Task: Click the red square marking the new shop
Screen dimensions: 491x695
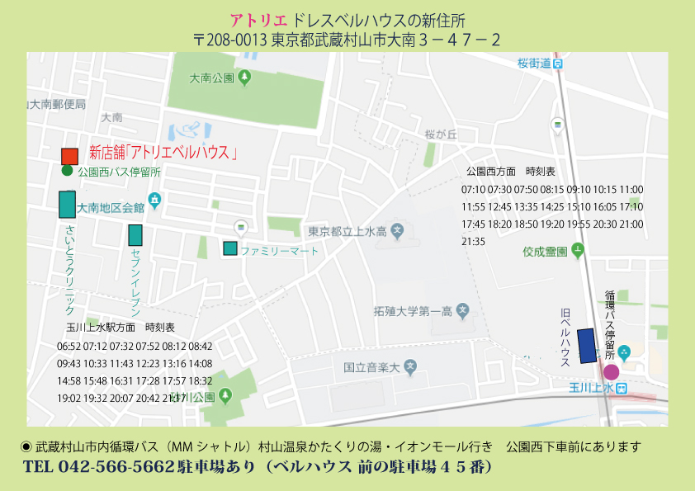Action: tap(69, 156)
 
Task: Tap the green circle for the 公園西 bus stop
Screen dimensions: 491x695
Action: tap(67, 171)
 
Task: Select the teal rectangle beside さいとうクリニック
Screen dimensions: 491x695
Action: tap(67, 204)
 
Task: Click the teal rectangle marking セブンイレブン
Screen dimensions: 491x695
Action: tap(135, 235)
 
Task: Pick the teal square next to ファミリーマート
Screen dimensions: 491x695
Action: tap(230, 248)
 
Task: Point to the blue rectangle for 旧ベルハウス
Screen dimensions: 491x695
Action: tap(587, 345)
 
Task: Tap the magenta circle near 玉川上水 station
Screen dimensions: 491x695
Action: tap(611, 372)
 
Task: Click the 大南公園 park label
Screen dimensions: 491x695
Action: tap(212, 78)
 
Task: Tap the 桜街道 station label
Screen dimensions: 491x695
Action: tap(534, 63)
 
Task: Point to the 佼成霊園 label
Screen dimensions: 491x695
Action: tap(544, 251)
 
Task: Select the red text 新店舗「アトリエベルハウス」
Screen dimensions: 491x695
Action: tap(163, 153)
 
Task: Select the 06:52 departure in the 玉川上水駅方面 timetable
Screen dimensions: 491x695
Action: tap(69, 346)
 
